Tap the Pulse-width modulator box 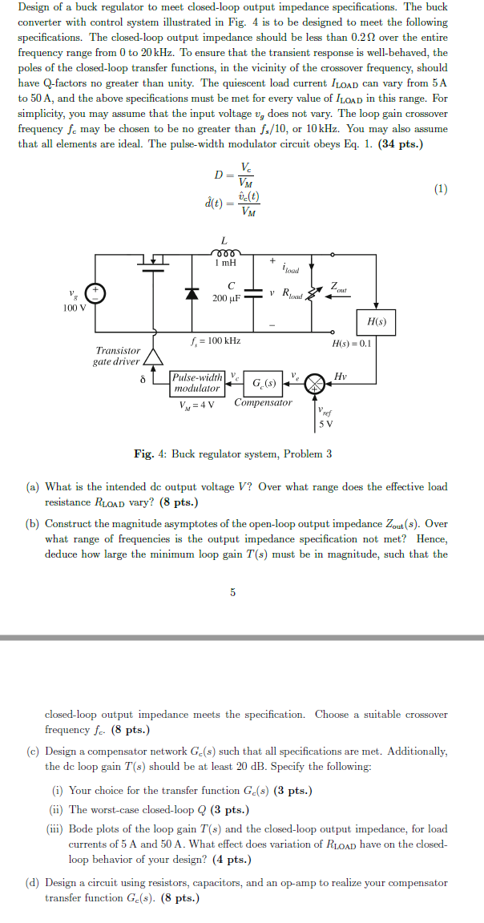coord(197,383)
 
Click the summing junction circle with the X coord(317,383)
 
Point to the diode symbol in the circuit coord(192,292)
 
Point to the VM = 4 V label coord(197,403)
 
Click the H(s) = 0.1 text coord(352,342)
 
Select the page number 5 coord(232,592)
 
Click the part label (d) coord(33,882)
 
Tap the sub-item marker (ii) coord(59,809)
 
